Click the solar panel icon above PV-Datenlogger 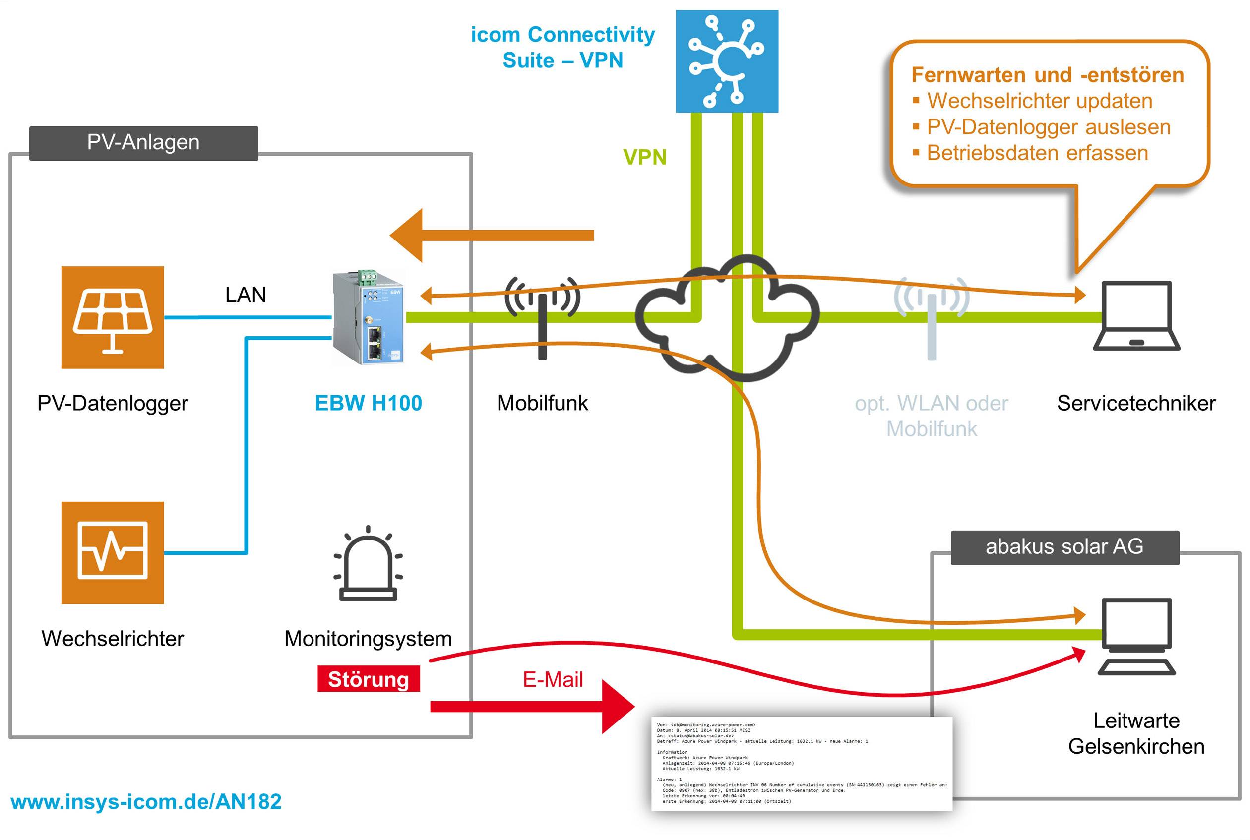(x=113, y=317)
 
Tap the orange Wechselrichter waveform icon (x=113, y=552)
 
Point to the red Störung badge (x=369, y=679)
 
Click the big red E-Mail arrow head (x=617, y=707)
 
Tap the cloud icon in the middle (x=727, y=318)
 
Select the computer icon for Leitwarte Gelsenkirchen (x=1136, y=636)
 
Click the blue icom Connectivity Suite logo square (x=727, y=61)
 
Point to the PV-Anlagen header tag (x=143, y=143)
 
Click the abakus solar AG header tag (x=1064, y=547)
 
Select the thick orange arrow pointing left (x=492, y=235)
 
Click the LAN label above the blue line (x=246, y=295)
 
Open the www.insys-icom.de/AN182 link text (x=146, y=802)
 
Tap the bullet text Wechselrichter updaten (x=1039, y=101)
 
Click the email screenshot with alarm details (x=802, y=764)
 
